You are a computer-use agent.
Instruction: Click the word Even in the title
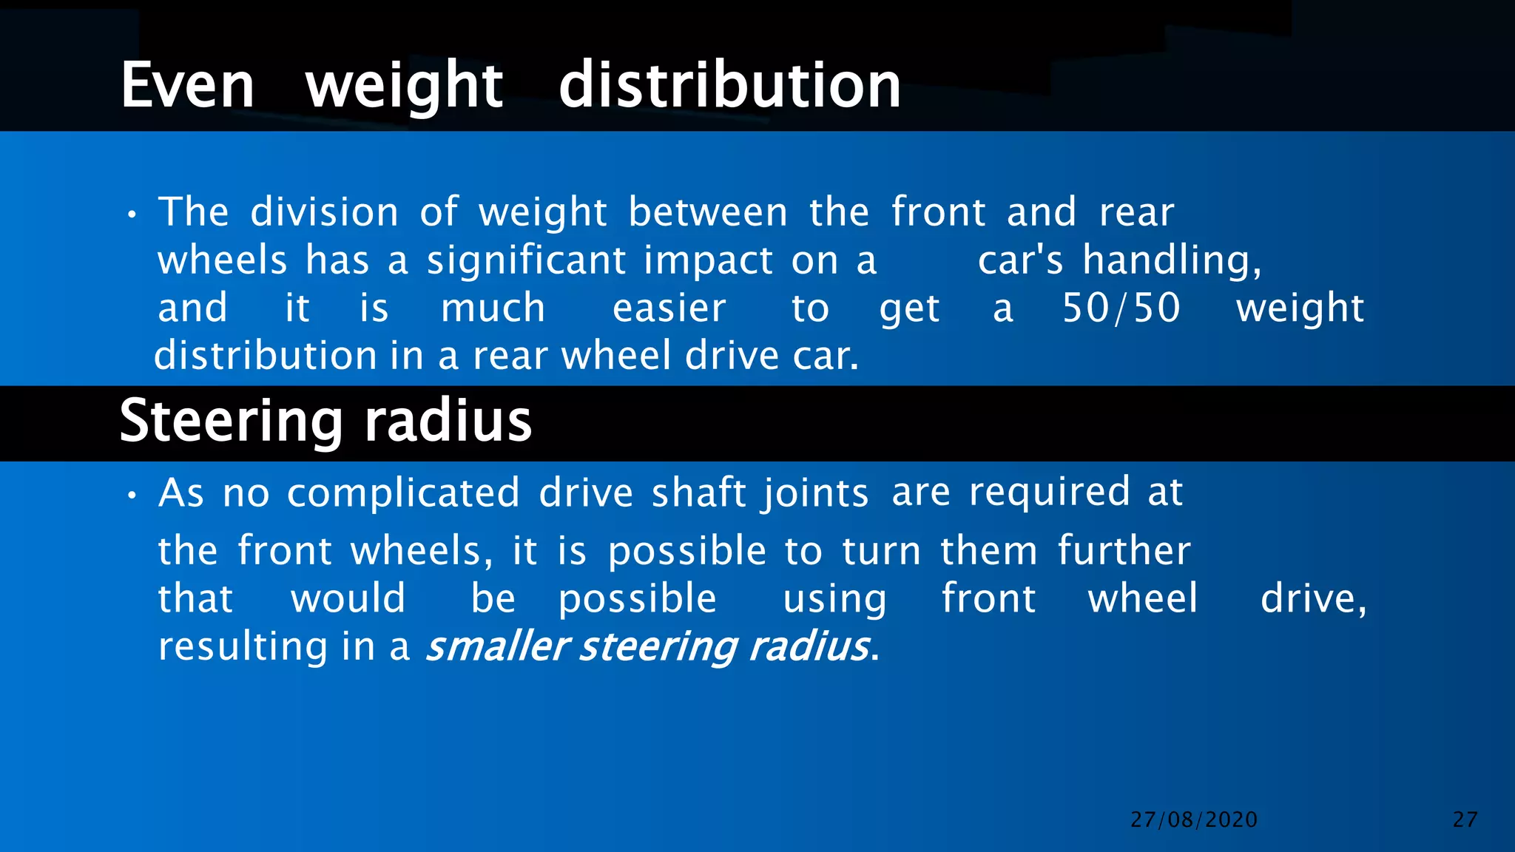click(188, 86)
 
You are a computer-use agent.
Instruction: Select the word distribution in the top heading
click(729, 86)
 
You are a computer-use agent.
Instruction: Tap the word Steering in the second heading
click(231, 421)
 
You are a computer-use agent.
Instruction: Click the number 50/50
click(1121, 308)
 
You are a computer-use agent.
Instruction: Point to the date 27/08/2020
click(1194, 819)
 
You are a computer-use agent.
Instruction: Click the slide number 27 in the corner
click(1465, 819)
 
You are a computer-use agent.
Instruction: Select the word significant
click(526, 260)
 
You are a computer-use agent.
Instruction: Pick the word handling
click(1172, 262)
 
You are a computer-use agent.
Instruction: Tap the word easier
click(669, 308)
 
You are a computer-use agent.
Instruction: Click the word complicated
click(403, 493)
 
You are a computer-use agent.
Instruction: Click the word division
click(325, 212)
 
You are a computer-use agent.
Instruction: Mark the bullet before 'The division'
click(132, 215)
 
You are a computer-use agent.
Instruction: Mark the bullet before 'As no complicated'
click(132, 496)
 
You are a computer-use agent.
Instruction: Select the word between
click(708, 212)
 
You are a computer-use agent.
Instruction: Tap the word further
click(1124, 551)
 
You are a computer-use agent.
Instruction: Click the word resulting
click(243, 647)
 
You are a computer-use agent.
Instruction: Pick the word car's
click(1020, 260)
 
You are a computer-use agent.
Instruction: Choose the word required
click(1049, 493)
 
